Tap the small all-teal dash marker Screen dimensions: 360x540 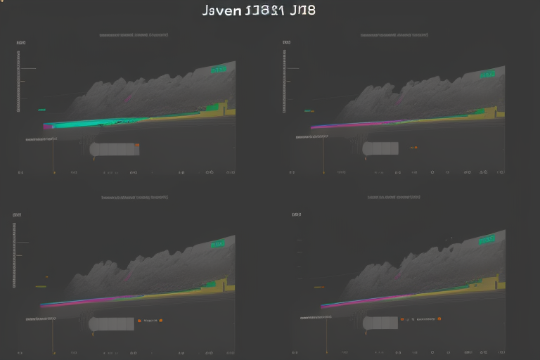[41, 110]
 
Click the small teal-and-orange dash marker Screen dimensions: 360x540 [308, 110]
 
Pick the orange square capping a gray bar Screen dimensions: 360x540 [137, 146]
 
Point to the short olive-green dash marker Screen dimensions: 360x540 [41, 286]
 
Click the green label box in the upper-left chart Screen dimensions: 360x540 [219, 69]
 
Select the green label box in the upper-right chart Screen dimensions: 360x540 [487, 73]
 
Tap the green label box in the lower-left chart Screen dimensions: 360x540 [218, 244]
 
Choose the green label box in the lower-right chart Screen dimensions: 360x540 [487, 240]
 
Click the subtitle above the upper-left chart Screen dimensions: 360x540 [136, 34]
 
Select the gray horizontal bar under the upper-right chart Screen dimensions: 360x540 [380, 148]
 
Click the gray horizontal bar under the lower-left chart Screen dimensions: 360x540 [112, 323]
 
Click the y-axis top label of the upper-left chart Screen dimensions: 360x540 [21, 43]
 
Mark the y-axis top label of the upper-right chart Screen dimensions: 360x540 [286, 43]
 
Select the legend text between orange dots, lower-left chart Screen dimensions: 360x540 [150, 321]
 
